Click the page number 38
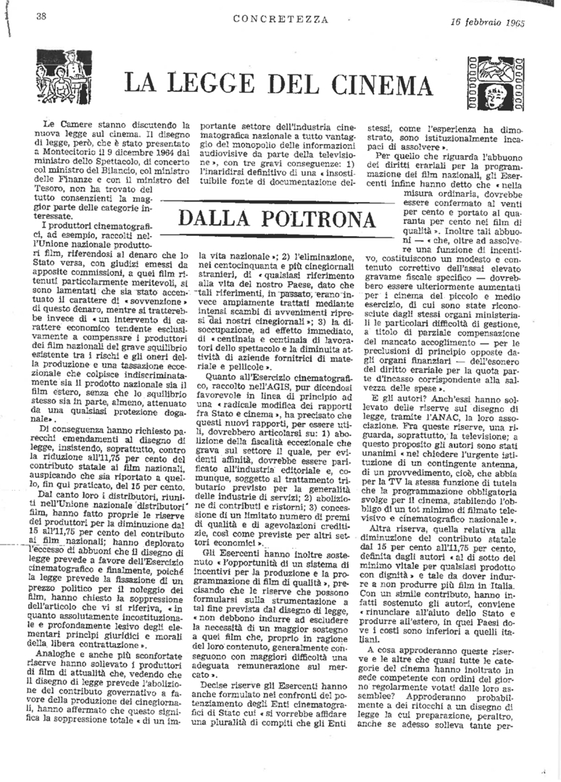41,17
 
